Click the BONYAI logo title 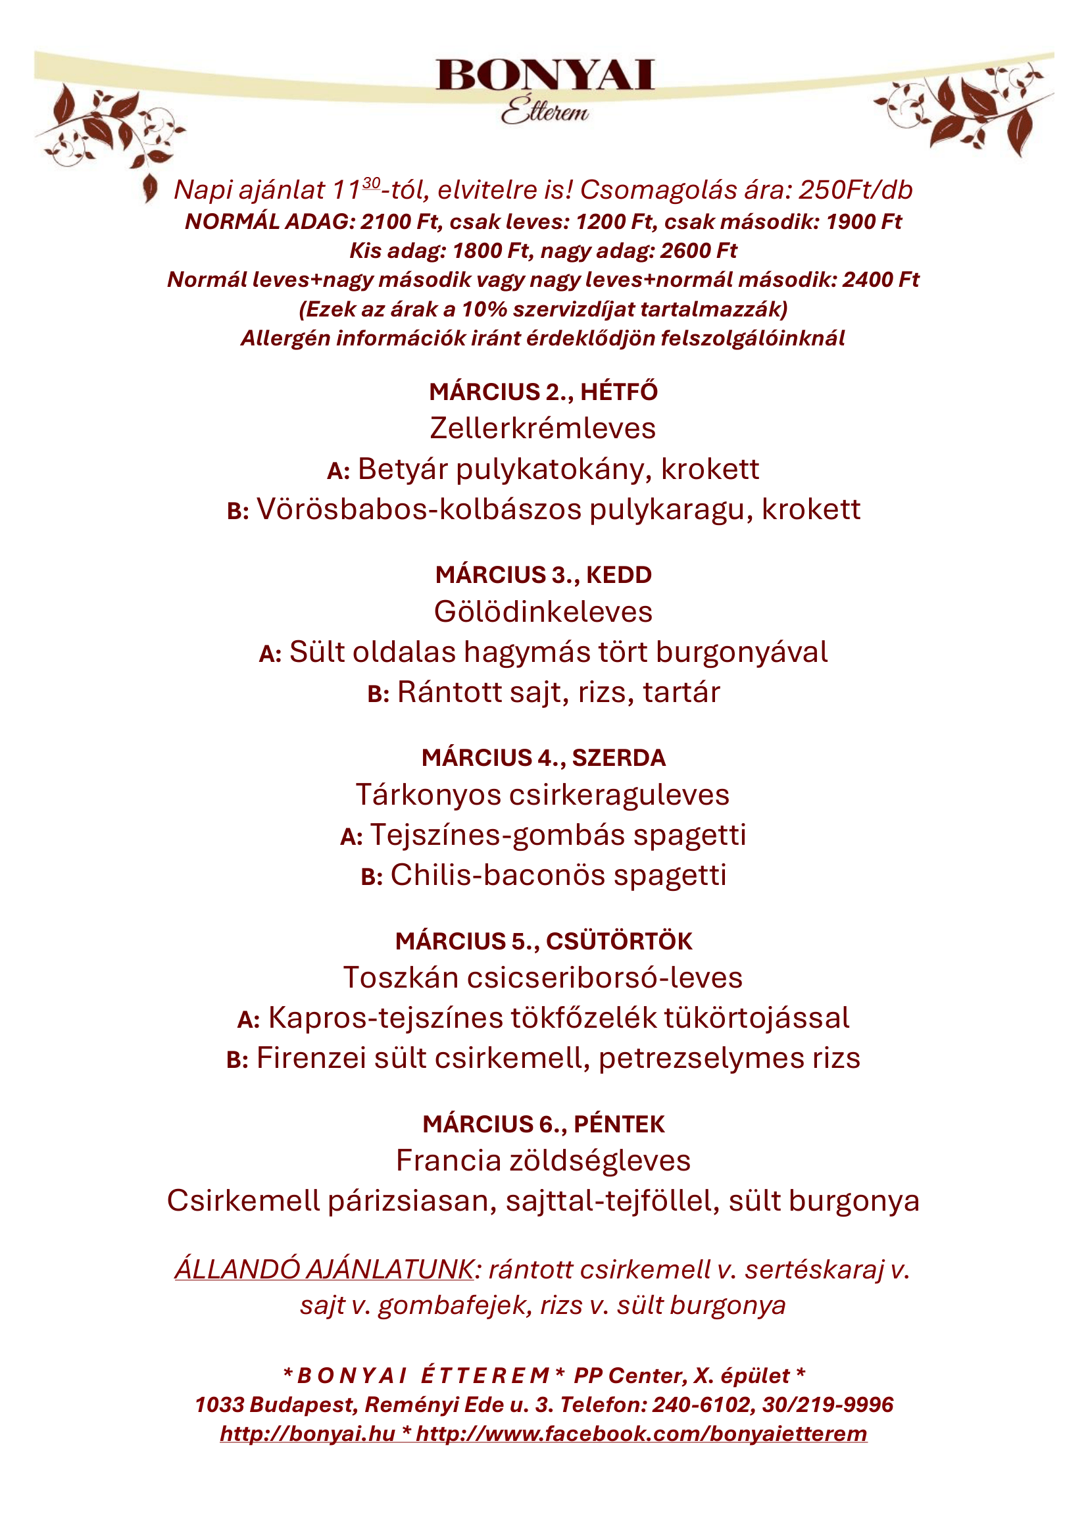tap(544, 74)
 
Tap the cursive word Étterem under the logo tap(544, 110)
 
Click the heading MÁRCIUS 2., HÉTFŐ tap(543, 391)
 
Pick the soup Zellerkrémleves tap(543, 428)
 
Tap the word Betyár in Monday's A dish tap(403, 469)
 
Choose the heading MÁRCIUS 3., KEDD tap(543, 574)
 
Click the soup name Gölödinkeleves tap(543, 611)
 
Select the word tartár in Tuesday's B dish tap(681, 692)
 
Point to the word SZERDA tap(618, 757)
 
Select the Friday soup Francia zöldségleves tap(543, 1161)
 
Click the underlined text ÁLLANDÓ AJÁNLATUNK tap(324, 1269)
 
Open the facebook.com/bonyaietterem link tap(641, 1434)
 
